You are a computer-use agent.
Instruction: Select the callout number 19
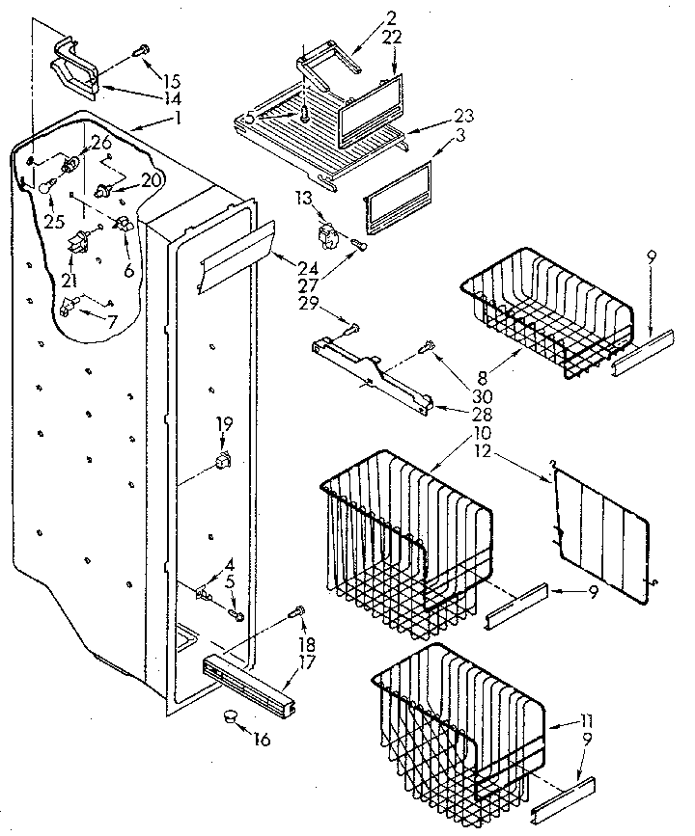(223, 421)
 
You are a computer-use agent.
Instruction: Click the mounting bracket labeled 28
(373, 372)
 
